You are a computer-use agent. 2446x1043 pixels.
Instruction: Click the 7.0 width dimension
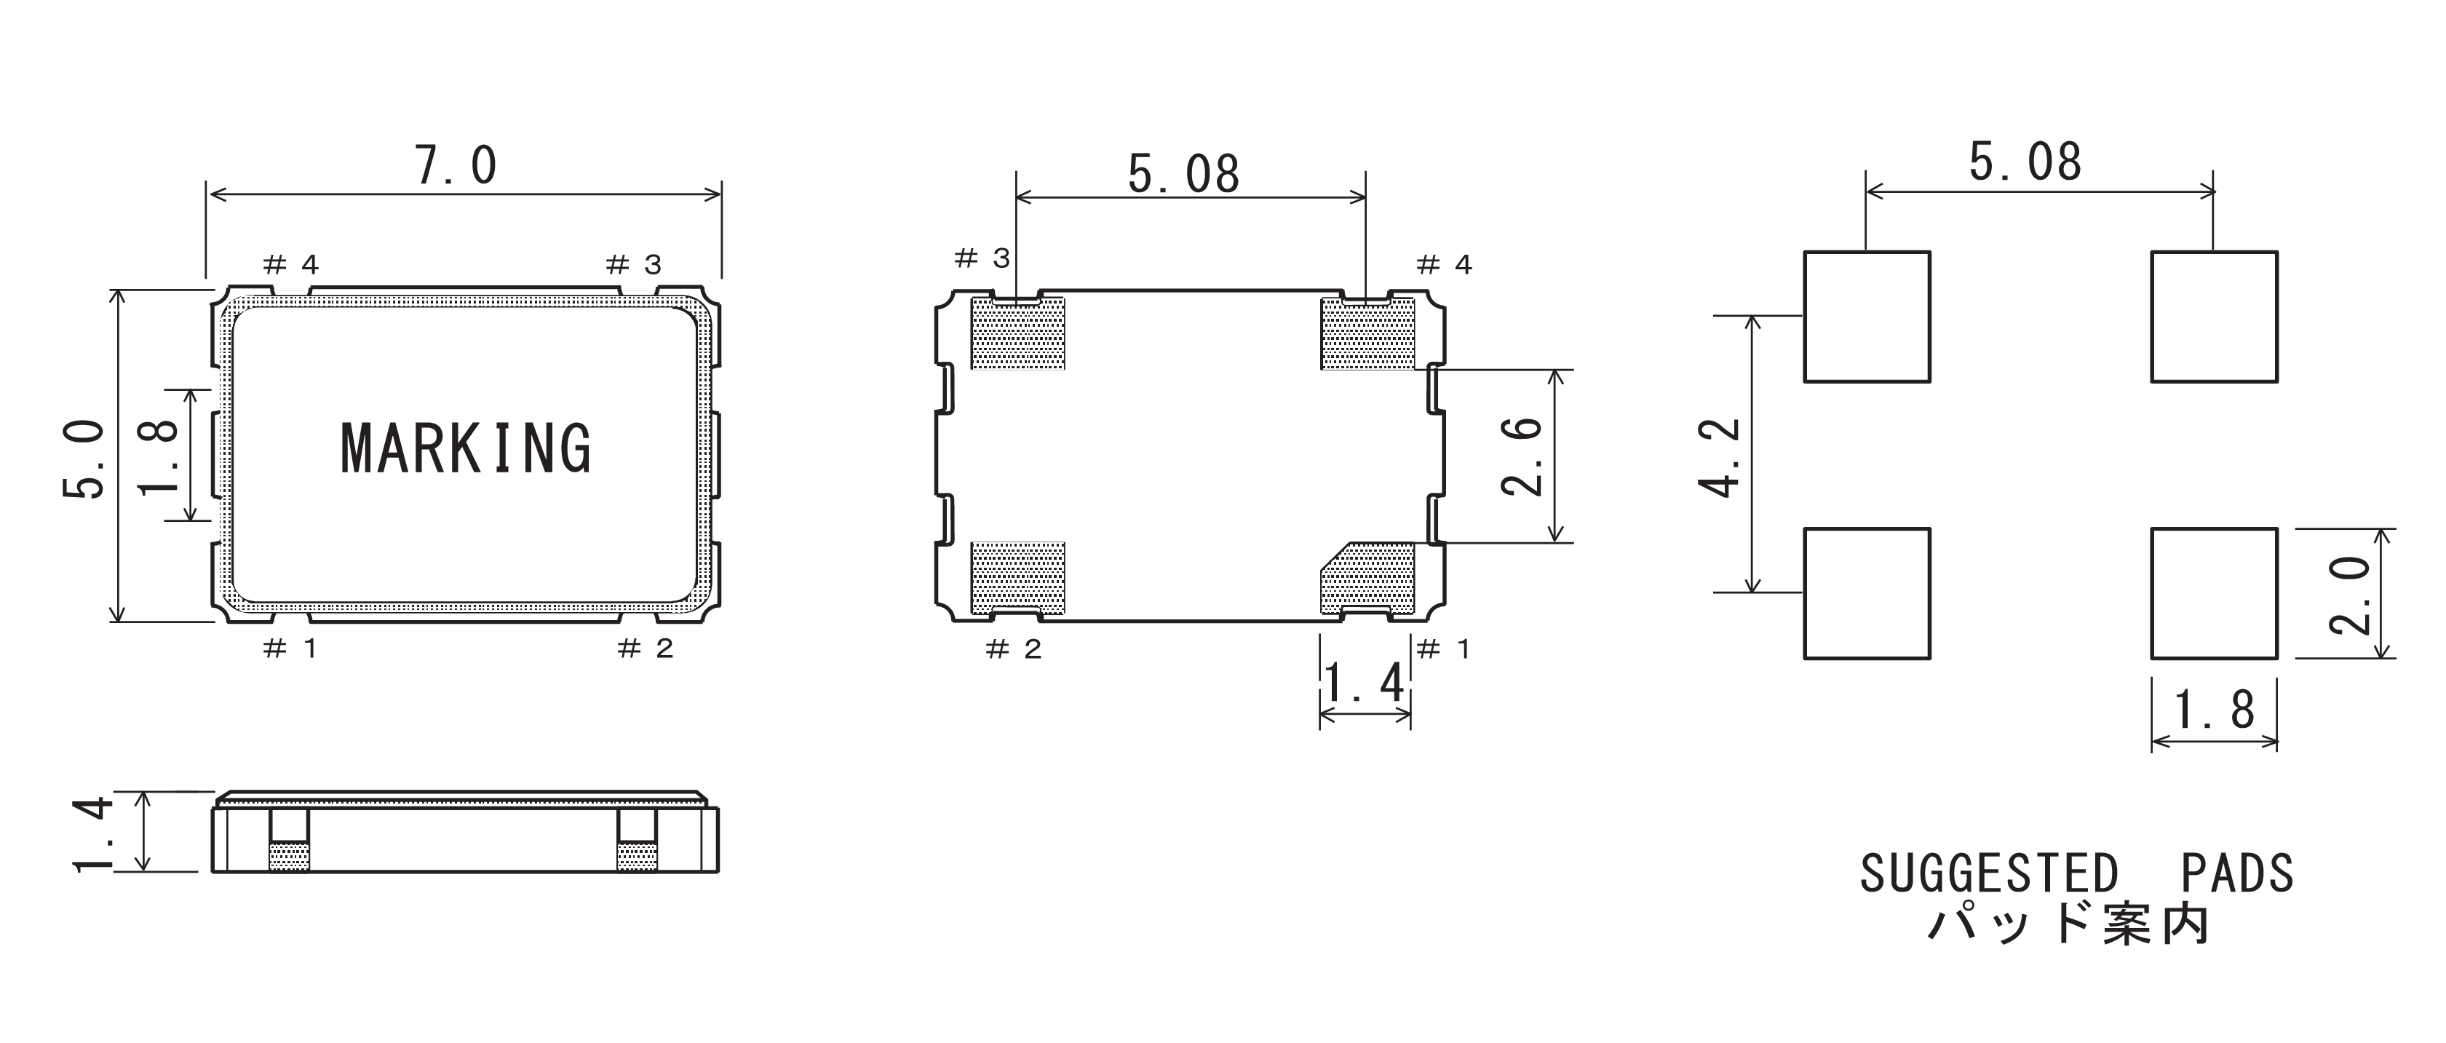[x=456, y=166]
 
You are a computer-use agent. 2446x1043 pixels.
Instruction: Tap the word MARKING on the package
[x=465, y=448]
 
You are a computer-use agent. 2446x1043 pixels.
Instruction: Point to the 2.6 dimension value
[x=1520, y=456]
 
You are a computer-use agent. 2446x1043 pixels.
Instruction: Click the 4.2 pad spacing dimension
[x=1719, y=457]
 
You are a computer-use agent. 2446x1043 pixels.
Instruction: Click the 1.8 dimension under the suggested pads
[x=2215, y=710]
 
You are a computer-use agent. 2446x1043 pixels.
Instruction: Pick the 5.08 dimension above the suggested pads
[x=2025, y=162]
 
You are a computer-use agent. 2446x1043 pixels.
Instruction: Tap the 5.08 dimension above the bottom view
[x=1184, y=175]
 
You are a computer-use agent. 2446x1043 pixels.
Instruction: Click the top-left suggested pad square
[x=1867, y=317]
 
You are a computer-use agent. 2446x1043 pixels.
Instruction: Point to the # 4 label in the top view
[x=290, y=264]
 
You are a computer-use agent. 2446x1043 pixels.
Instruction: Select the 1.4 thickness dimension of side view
[x=93, y=833]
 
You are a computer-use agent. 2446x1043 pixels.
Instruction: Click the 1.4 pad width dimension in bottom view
[x=1364, y=682]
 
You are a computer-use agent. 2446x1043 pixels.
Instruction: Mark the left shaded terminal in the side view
[x=290, y=857]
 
